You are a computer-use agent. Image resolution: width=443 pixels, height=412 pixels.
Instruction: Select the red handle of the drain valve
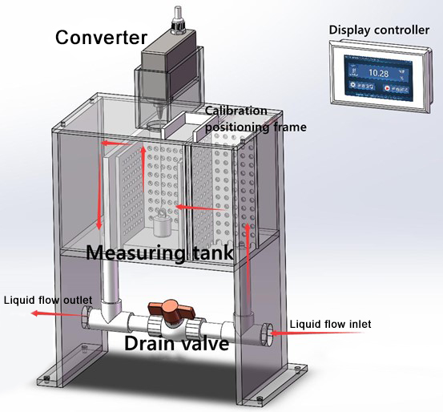[169, 309]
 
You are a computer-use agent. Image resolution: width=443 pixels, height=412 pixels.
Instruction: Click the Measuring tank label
[159, 252]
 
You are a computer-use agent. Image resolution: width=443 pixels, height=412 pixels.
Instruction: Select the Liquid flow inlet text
[330, 324]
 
